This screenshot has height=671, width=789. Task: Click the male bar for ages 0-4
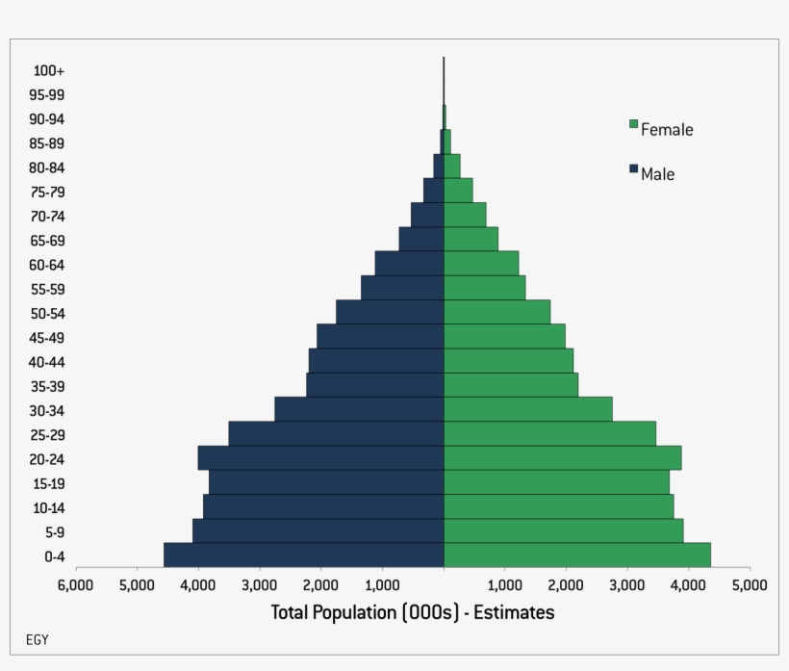pos(303,555)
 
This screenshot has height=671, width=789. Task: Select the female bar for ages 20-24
pos(562,458)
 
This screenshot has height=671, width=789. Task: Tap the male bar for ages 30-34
pos(359,409)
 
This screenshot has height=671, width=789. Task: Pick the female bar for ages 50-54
pos(496,312)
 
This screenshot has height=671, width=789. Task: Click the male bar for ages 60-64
pos(409,263)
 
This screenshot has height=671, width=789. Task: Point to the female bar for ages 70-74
pos(465,214)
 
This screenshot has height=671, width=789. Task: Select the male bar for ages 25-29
pos(336,433)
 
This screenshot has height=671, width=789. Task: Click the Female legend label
pos(667,129)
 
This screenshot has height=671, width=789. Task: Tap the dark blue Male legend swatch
pos(634,168)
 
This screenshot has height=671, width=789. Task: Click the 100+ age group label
pos(48,70)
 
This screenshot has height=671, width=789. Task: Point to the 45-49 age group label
pos(47,338)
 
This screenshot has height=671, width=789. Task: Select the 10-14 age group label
pos(47,508)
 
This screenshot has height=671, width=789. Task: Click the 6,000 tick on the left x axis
pos(74,584)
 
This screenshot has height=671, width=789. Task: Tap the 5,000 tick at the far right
pos(749,584)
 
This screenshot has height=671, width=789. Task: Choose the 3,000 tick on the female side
pos(626,584)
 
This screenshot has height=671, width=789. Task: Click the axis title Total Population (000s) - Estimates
pos(412,612)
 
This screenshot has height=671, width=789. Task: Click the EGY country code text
pos(37,640)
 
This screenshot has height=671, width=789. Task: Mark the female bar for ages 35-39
pos(511,385)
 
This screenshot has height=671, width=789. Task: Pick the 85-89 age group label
pos(47,143)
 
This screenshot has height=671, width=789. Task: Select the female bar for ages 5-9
pos(563,531)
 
